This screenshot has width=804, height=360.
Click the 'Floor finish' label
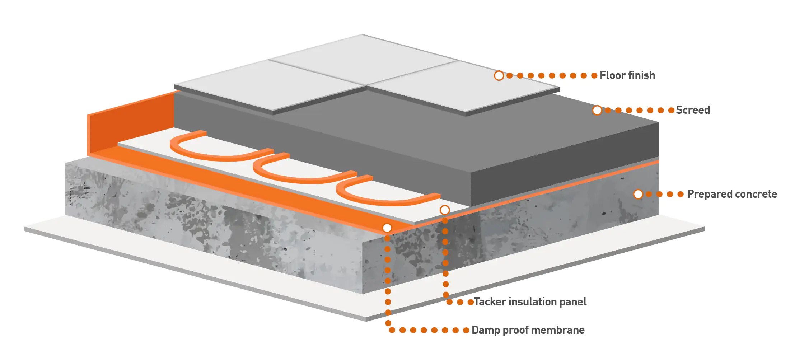tap(627, 75)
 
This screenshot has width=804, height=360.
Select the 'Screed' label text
tap(692, 110)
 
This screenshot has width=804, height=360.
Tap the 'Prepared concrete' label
tap(732, 194)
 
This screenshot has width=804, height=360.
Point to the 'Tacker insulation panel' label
tap(530, 302)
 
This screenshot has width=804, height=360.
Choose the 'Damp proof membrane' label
tap(528, 330)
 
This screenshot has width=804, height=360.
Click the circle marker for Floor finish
tap(499, 76)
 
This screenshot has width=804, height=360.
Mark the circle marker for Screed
tap(597, 110)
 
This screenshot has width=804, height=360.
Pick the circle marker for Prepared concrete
tap(638, 194)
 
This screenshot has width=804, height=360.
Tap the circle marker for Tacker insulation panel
tap(445, 210)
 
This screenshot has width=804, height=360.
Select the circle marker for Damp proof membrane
tap(387, 228)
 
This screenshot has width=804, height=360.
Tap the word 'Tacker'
tap(490, 302)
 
